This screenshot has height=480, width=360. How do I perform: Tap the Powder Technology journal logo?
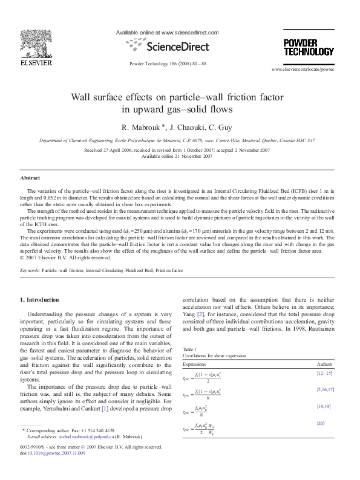(308, 47)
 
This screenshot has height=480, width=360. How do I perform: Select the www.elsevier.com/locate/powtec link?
(307, 70)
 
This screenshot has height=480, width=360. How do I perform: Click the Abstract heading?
(30, 178)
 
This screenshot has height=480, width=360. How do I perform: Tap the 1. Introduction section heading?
(40, 300)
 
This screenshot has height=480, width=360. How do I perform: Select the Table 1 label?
(191, 349)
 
